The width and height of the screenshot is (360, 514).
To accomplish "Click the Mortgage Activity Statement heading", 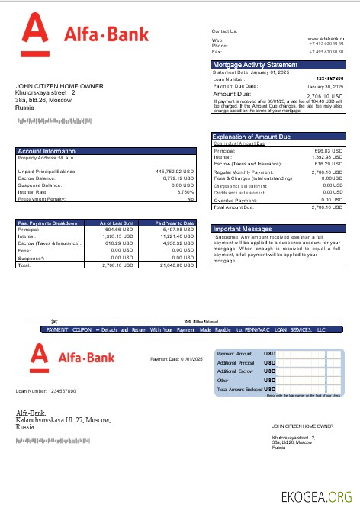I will (255, 65).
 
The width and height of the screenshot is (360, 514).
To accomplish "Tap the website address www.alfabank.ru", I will (326, 38).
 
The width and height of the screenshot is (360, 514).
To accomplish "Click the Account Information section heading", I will (47, 151).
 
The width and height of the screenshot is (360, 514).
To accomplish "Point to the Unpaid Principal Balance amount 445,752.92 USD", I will (175, 172).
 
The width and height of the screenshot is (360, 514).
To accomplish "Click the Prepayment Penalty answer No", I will (191, 198).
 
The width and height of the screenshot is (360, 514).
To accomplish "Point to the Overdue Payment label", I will (236, 199).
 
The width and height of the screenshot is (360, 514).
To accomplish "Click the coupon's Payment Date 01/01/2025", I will (176, 359).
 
